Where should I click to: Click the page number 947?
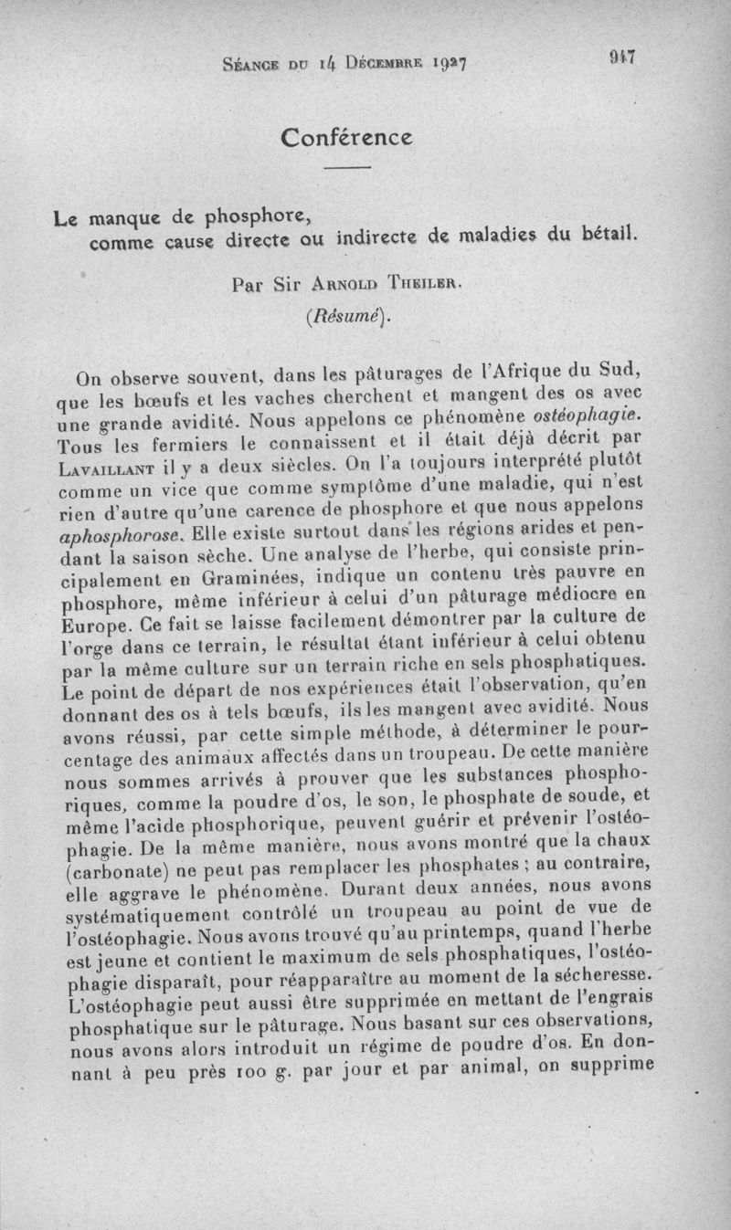622,58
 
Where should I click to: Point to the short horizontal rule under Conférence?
346,169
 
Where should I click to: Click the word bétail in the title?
608,234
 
